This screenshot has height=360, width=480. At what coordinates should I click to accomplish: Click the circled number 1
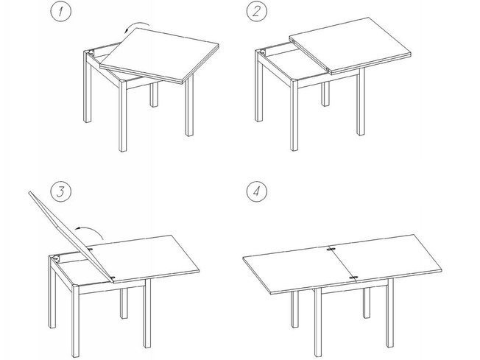tap(60, 12)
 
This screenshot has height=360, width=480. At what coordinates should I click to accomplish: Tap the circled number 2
tap(256, 12)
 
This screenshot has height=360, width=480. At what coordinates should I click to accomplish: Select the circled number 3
tap(60, 191)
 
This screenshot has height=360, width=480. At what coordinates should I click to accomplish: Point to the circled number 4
tap(256, 191)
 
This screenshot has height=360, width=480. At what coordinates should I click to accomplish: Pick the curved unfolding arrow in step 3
tap(92, 229)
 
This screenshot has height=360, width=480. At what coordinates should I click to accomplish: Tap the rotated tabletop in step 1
tap(159, 55)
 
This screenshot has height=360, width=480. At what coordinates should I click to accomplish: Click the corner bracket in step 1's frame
tap(91, 53)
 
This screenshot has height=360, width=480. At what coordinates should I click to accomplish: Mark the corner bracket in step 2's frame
tap(262, 52)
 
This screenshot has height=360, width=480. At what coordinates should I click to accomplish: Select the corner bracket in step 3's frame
tap(56, 259)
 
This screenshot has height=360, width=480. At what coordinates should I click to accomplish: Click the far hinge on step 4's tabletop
tap(330, 249)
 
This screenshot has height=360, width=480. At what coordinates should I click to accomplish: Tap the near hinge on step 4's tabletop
tap(353, 278)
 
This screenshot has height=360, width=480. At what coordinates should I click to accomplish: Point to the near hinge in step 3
tap(112, 278)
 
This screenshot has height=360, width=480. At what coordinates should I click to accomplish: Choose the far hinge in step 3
tap(90, 249)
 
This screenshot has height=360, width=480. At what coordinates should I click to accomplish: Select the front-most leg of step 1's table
tap(123, 116)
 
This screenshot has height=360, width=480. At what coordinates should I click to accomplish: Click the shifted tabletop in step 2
tap(350, 46)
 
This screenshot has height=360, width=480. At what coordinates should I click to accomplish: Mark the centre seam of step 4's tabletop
tap(342, 263)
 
